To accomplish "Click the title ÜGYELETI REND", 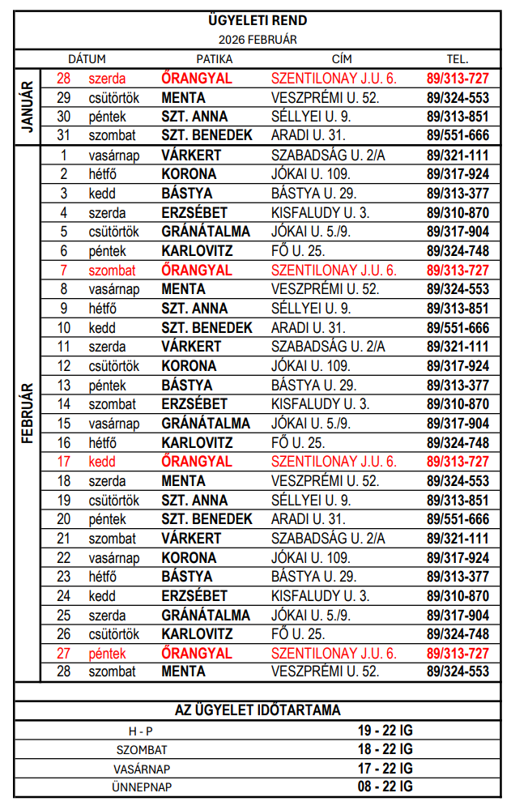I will [x=258, y=21].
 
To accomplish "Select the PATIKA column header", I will [x=215, y=59].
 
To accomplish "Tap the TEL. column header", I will [x=458, y=59].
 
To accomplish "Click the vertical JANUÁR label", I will [x=27, y=107].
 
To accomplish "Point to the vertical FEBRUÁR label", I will [x=27, y=413].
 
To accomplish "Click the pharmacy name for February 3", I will [x=187, y=194].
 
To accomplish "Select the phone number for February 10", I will [x=458, y=328].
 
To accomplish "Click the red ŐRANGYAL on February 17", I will [x=197, y=462].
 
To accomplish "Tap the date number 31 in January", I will [x=64, y=135].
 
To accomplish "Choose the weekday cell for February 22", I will [x=114, y=558].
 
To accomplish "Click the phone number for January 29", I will [x=458, y=97].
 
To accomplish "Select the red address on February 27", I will [x=334, y=654].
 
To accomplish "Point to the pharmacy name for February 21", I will [x=191, y=539].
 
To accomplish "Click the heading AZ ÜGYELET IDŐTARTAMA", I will [x=258, y=710].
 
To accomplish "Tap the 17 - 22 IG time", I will [x=385, y=768].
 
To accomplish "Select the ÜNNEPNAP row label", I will [x=143, y=787].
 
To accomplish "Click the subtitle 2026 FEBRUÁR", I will [x=258, y=39].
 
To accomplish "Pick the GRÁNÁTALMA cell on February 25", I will [x=206, y=616].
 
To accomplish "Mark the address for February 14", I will [x=320, y=404].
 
